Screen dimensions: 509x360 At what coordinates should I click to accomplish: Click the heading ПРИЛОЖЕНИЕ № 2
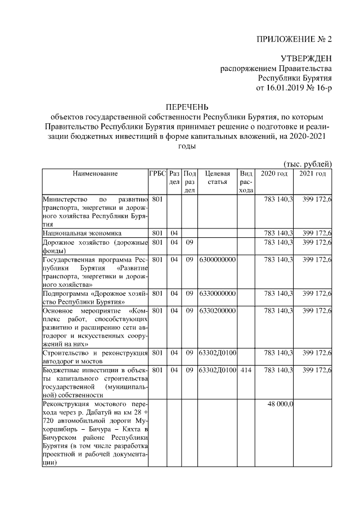(x=294, y=39)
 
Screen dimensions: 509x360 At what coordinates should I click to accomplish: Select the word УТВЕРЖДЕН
(x=306, y=59)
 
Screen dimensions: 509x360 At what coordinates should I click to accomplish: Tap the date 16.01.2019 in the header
(x=287, y=88)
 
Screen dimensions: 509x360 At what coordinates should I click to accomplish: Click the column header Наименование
(x=95, y=174)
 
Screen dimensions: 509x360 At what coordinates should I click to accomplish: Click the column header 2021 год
(x=313, y=174)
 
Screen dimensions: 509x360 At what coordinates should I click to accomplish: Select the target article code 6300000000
(x=217, y=260)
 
